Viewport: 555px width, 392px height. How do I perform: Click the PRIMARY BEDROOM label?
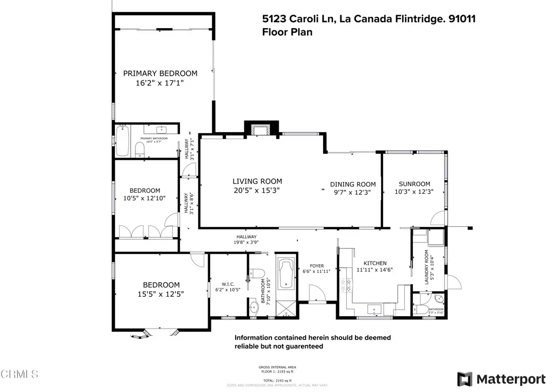click(x=160, y=73)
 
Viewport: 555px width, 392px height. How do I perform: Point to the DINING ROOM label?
click(x=353, y=184)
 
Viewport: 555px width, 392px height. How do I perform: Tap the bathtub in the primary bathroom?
click(x=122, y=141)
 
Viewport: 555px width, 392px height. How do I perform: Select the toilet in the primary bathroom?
click(x=139, y=149)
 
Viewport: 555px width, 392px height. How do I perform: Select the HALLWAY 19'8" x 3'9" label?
click(x=246, y=240)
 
